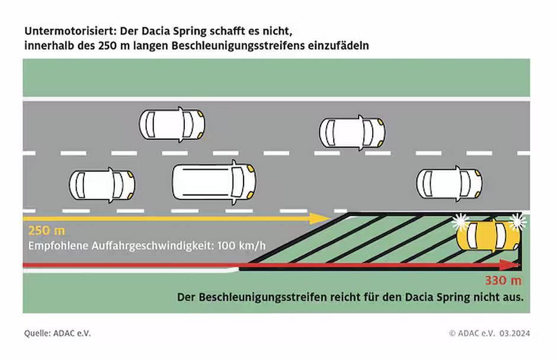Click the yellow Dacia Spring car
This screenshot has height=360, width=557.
click(x=489, y=236)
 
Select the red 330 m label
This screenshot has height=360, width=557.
click(x=503, y=281)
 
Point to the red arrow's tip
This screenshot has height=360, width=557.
click(x=517, y=265)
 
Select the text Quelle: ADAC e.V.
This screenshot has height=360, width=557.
click(x=57, y=333)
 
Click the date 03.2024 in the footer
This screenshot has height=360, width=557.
click(x=515, y=333)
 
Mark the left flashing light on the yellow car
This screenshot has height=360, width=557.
click(x=460, y=222)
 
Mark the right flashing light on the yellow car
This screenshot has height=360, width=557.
click(x=518, y=221)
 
